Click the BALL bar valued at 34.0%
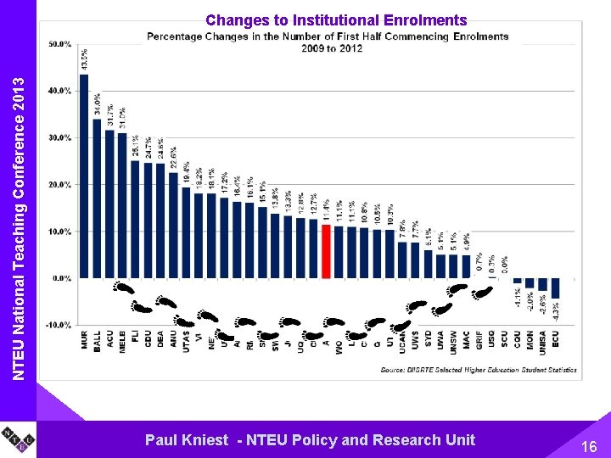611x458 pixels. (x=97, y=198)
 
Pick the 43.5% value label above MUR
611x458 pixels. (x=84, y=59)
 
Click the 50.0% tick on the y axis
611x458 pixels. (x=59, y=44)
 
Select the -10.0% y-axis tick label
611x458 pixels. (x=59, y=325)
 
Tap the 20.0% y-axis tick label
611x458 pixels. (x=59, y=184)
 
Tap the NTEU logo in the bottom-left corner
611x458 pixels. (x=18, y=440)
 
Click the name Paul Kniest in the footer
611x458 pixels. (x=187, y=439)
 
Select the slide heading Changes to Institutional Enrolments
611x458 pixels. (x=336, y=20)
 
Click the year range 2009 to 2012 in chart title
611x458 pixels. (x=331, y=48)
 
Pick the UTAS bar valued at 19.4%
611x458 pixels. (x=186, y=232)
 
